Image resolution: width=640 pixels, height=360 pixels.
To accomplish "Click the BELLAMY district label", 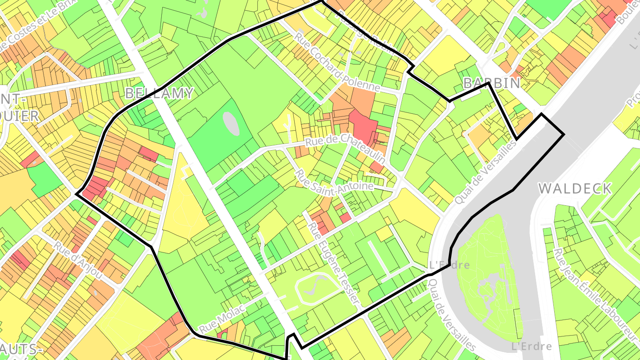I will (x=159, y=93).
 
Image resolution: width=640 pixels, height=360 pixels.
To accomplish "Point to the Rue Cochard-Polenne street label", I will (x=337, y=62).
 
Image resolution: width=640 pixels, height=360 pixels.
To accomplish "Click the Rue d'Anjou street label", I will (x=78, y=261).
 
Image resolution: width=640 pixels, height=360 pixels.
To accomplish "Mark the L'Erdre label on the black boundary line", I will (x=449, y=265).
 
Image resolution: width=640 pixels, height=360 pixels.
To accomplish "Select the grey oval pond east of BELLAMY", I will (x=231, y=124).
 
